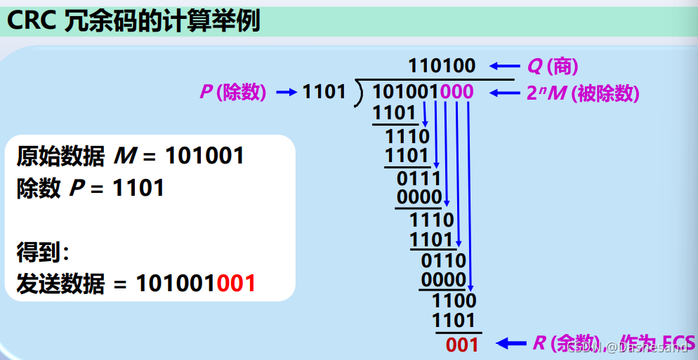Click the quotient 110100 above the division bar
point(442,67)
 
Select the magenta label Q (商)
point(553,67)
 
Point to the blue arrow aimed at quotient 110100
point(503,67)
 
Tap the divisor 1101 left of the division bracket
point(324,92)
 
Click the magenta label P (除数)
point(232,93)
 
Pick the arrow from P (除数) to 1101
point(287,92)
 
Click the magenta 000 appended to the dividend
point(457,92)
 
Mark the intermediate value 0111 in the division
point(419,178)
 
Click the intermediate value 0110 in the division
point(443,261)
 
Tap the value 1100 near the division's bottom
point(454,301)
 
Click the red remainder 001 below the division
point(462,345)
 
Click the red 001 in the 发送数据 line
point(236,284)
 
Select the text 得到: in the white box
point(43,251)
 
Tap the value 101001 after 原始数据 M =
point(204,156)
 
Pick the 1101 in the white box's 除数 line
point(138,188)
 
